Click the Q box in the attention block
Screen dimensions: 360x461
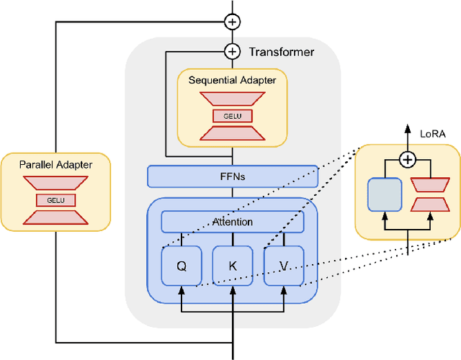pyautogui.click(x=182, y=265)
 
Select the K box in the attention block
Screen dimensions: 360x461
pyautogui.click(x=233, y=265)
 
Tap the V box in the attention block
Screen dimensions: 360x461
pyautogui.click(x=284, y=265)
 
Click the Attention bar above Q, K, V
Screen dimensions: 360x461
pyautogui.click(x=233, y=222)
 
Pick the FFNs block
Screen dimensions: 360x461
pyautogui.click(x=233, y=176)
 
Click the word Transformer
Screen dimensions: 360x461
pyautogui.click(x=281, y=52)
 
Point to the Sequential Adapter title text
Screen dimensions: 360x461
pyautogui.click(x=232, y=80)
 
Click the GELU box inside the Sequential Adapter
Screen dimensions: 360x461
pyautogui.click(x=232, y=115)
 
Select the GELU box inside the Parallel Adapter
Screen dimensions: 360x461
pyautogui.click(x=55, y=200)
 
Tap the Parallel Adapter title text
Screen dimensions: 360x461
pyautogui.click(x=55, y=165)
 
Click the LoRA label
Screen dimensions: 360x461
pyautogui.click(x=433, y=133)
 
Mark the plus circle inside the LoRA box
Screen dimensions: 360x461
pyautogui.click(x=408, y=160)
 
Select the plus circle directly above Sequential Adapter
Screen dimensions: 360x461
pyautogui.click(x=232, y=51)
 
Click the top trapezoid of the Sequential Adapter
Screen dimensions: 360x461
pyautogui.click(x=232, y=99)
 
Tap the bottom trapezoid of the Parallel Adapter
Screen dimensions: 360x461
pyautogui.click(x=55, y=216)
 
